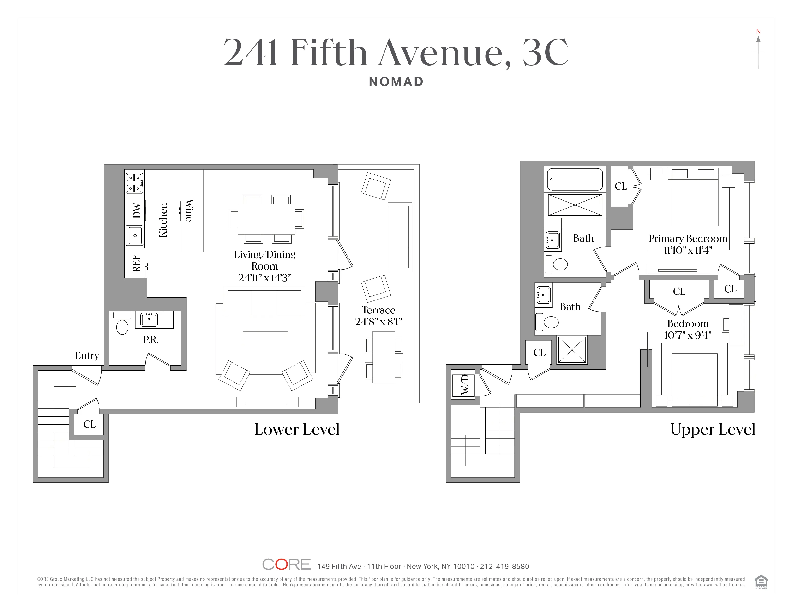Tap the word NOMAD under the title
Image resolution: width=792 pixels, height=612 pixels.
396,82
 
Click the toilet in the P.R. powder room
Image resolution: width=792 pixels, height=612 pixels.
122,326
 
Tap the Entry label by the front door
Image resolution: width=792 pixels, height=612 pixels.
87,355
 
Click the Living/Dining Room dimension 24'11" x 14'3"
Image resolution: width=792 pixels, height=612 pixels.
265,278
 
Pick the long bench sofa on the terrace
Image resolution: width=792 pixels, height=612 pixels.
400,237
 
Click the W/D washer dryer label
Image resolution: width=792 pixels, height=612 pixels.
465,385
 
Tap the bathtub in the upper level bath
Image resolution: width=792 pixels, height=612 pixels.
575,179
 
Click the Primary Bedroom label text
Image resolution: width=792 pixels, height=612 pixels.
688,239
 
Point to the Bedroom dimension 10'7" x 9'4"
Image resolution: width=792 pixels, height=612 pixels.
688,335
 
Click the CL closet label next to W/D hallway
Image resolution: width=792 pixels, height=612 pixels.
539,352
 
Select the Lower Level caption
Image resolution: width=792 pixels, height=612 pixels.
297,429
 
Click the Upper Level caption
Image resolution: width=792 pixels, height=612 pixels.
713,429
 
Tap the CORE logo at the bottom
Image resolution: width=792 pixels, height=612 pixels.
286,564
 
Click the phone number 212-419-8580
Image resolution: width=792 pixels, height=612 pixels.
504,566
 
